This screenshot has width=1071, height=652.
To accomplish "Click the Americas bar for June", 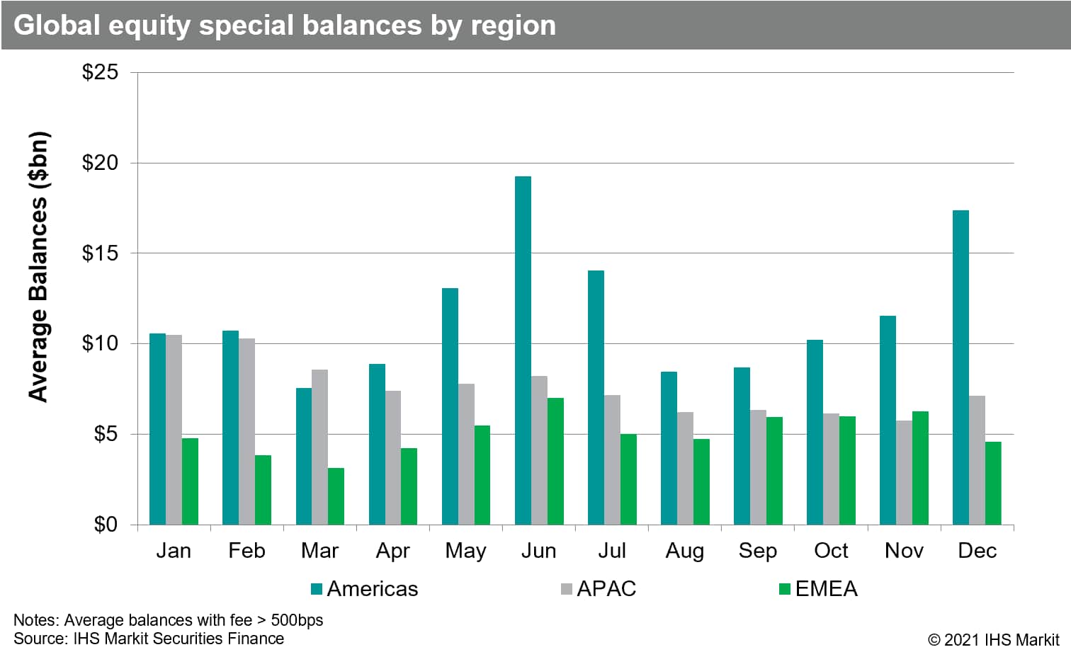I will pos(523,350).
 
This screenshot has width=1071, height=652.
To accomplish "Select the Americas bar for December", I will pos(960,367).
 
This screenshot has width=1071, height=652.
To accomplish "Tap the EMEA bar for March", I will pos(336,496).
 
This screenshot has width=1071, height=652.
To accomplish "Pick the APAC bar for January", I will pos(174,430).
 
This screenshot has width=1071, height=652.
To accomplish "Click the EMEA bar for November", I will pos(920,468).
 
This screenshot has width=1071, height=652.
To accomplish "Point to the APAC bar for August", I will pos(685,468).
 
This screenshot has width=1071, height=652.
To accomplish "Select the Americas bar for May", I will pos(450,406).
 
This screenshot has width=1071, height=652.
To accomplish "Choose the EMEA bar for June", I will pos(555,461).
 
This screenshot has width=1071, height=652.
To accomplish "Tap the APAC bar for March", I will pos(319,447).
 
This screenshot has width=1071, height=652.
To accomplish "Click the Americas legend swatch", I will pos(317,588).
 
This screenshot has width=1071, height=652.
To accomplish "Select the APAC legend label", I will pos(606,588).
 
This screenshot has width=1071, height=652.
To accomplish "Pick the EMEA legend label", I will pos(826,588).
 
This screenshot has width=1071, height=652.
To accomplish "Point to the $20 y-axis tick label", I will pos(100,163).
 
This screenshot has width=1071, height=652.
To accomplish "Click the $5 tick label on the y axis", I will pos(106,433).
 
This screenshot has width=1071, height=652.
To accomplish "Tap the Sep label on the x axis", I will pos(757,551).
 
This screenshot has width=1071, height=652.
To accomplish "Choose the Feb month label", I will pos(246,551).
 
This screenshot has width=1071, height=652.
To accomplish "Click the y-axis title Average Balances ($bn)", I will pos(38,267).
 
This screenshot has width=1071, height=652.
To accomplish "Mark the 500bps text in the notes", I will pos(297,620).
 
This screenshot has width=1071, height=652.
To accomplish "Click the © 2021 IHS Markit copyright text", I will pos(993,639).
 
